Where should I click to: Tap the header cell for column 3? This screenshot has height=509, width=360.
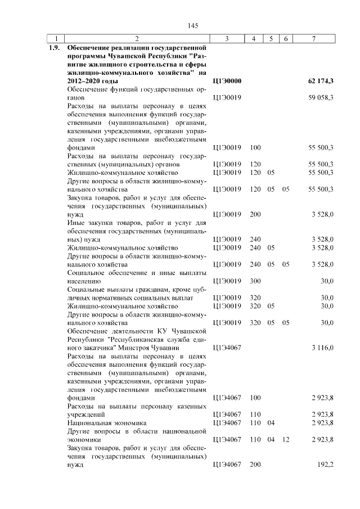[x=226, y=38]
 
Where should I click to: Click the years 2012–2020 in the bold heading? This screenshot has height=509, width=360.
[x=86, y=82]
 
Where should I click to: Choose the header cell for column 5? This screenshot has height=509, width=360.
[x=271, y=38]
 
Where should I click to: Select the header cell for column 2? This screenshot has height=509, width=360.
[x=137, y=38]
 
